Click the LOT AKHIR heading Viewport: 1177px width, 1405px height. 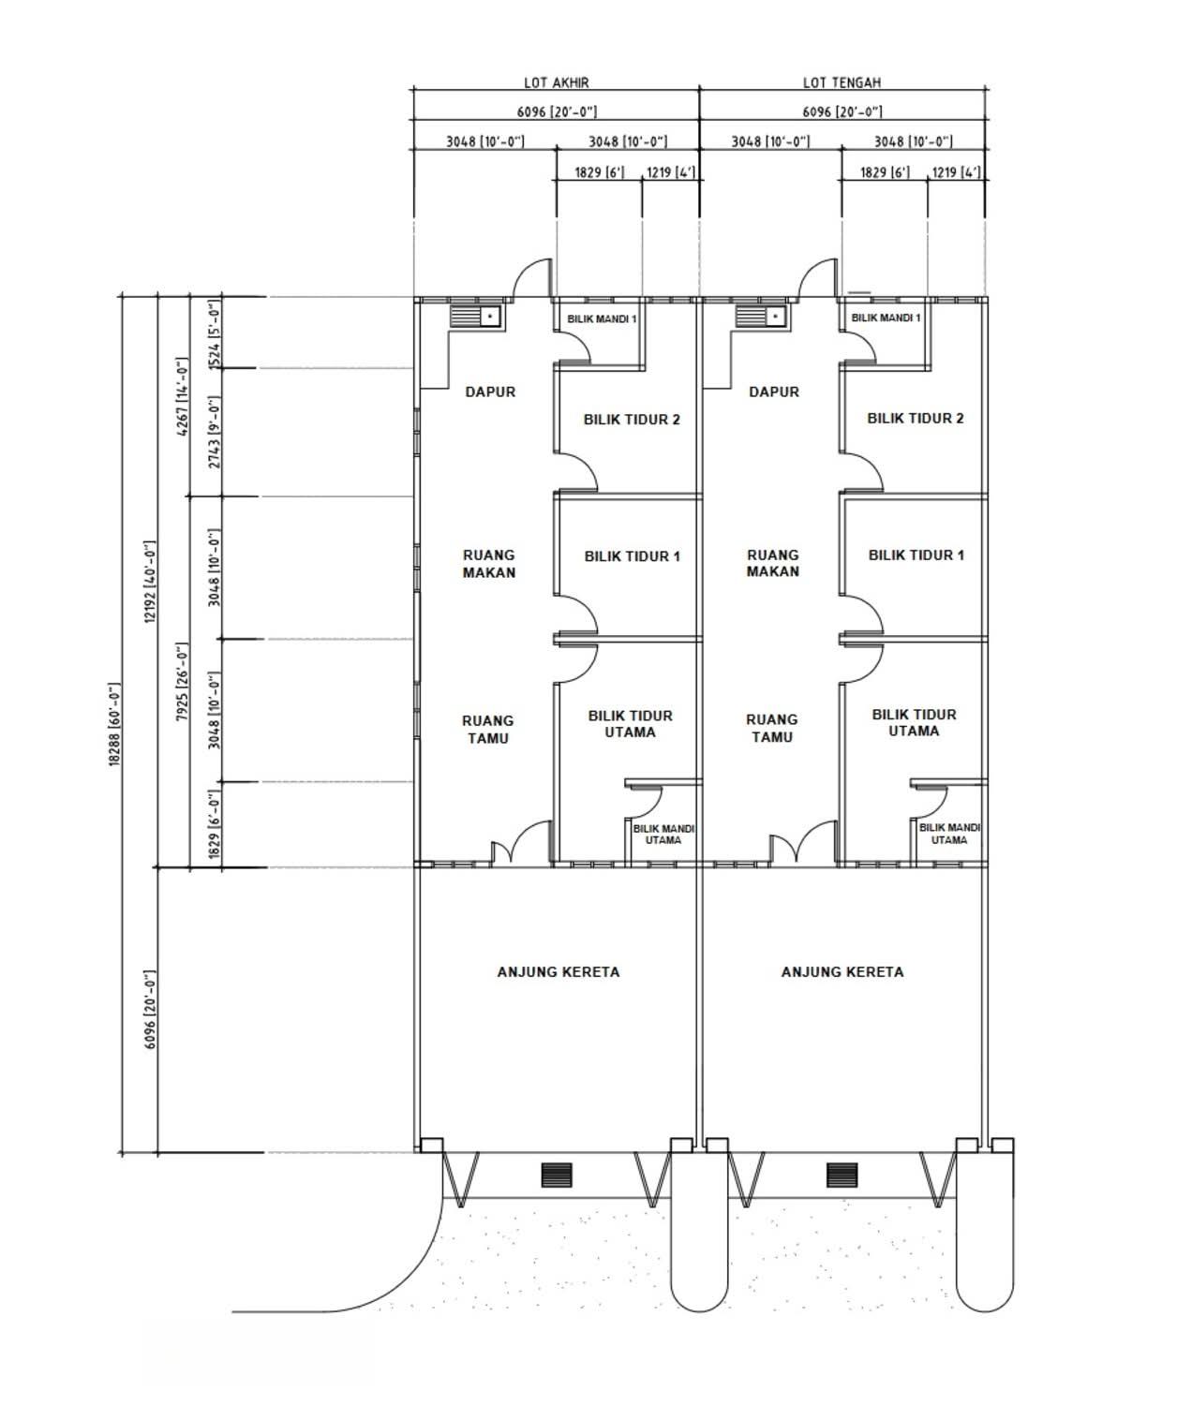pyautogui.click(x=557, y=82)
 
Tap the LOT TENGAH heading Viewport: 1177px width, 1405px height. pyautogui.click(x=842, y=82)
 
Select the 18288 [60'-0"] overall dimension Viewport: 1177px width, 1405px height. pyautogui.click(x=114, y=724)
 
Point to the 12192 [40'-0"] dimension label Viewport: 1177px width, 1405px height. pyautogui.click(x=150, y=582)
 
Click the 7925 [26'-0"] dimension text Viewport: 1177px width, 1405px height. pyautogui.click(x=182, y=682)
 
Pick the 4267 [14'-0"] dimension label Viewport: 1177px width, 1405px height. pyautogui.click(x=182, y=397)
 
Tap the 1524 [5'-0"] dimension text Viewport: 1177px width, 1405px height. pyautogui.click(x=214, y=334)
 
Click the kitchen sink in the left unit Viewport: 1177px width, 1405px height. pyautogui.click(x=475, y=316)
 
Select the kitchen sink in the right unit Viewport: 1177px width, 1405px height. pyautogui.click(x=761, y=316)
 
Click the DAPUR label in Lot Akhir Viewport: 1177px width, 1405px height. pyautogui.click(x=490, y=392)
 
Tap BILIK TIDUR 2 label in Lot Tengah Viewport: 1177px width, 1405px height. pyautogui.click(x=915, y=418)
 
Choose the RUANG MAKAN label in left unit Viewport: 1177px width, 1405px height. pyautogui.click(x=489, y=563)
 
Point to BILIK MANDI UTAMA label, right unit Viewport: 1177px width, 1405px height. pyautogui.click(x=949, y=834)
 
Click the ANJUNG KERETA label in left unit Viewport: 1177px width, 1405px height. pyautogui.click(x=559, y=971)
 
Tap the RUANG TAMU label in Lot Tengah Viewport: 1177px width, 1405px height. pyautogui.click(x=772, y=728)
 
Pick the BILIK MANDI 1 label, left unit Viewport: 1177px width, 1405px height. pyautogui.click(x=602, y=319)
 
